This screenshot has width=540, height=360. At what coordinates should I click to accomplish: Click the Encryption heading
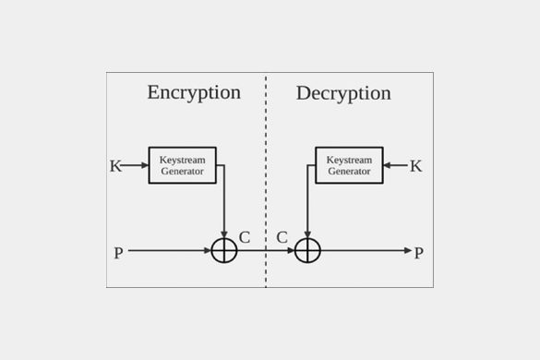point(194,92)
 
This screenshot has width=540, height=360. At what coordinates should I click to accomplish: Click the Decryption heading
point(343,93)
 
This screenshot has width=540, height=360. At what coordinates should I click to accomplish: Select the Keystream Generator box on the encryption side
point(182,165)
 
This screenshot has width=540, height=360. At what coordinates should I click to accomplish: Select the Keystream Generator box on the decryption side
point(348,165)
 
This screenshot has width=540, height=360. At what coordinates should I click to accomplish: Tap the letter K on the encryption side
point(115,166)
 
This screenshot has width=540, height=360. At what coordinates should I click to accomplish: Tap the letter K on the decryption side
point(415,166)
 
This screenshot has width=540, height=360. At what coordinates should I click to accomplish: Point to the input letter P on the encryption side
point(118,252)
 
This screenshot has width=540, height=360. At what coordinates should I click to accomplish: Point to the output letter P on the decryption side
point(418,252)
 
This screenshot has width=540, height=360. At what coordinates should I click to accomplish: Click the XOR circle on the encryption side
point(224,250)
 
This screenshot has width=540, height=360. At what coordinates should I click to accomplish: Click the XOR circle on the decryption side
point(307,250)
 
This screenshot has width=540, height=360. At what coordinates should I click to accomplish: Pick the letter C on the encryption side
point(244,237)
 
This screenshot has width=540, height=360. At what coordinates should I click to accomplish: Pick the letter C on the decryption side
point(282,237)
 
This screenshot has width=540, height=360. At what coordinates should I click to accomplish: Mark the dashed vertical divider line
point(266,185)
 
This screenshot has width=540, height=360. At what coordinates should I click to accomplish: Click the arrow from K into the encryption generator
point(136,166)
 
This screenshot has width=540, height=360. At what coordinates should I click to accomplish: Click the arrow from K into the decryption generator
point(394,166)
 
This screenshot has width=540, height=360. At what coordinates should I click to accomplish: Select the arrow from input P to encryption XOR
point(171,250)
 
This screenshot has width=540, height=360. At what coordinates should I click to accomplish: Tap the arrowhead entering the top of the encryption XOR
point(224,234)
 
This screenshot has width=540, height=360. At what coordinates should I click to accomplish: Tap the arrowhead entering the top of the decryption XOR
point(307,234)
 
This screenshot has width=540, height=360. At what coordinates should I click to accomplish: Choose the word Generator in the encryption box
point(182,172)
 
